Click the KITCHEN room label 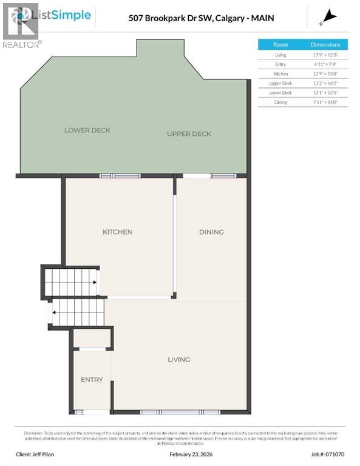coord(117,232)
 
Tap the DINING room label coord(211,232)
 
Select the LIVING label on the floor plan coord(179,359)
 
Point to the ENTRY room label coord(92,380)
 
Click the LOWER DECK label coord(87,130)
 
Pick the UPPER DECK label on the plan coord(189,133)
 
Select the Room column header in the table coord(280,44)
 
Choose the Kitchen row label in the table coord(280,73)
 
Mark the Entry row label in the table coord(280,64)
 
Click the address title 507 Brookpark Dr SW coord(201,18)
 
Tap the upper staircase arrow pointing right coord(95,282)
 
